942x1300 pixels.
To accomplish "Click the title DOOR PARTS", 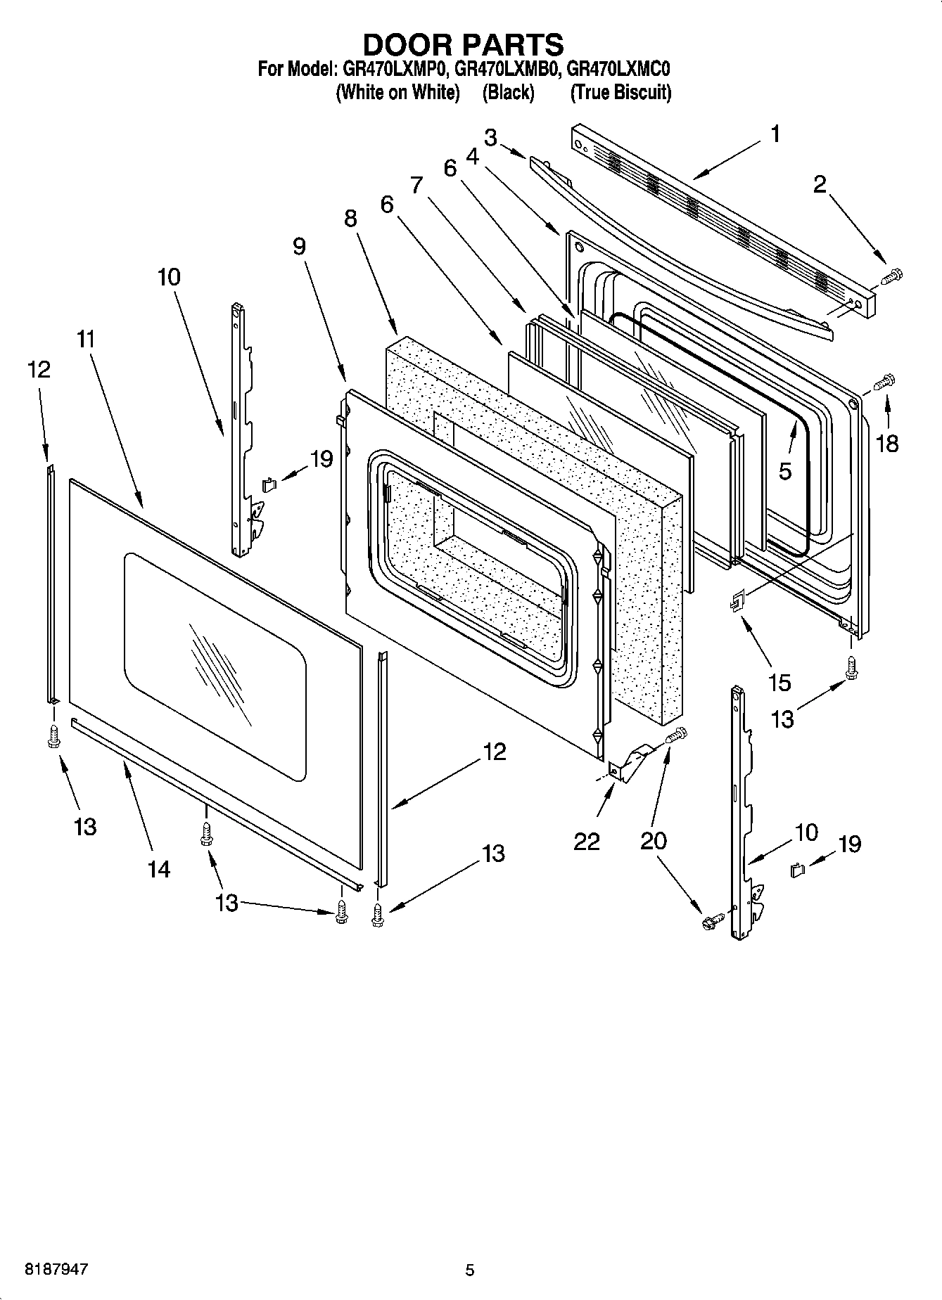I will [x=463, y=44].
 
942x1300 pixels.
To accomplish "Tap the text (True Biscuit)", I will [x=620, y=93].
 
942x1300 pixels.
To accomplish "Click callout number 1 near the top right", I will [x=775, y=134].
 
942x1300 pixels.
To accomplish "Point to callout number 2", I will [x=820, y=185].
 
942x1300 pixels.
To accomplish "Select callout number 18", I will [x=888, y=443].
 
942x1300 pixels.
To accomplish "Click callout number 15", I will [x=780, y=682].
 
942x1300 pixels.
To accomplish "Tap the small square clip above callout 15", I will [x=736, y=601].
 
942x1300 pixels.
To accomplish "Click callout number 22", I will [x=586, y=841].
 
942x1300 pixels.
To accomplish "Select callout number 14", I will [x=159, y=869].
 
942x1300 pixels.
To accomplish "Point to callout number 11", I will [x=86, y=340].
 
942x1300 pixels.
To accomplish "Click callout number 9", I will [x=299, y=246].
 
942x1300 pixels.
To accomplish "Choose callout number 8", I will [x=350, y=219].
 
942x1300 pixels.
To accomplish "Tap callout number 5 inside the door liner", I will [x=785, y=470].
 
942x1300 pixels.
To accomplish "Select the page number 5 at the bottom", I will [x=470, y=1270].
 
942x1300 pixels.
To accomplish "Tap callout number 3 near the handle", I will [x=490, y=138].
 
